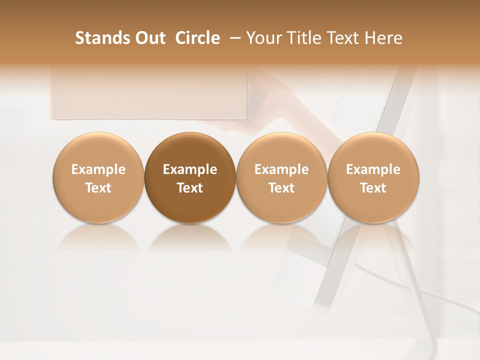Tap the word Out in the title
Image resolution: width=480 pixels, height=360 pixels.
tap(149, 38)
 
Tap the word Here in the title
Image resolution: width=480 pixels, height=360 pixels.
tap(384, 38)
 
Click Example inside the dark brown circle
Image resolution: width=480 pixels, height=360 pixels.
tap(190, 169)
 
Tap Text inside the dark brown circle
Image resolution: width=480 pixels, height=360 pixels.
tap(190, 188)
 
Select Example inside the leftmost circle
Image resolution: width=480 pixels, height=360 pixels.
tap(98, 169)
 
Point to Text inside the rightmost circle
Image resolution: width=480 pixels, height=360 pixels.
tap(373, 188)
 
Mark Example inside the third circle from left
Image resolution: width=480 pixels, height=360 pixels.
tap(281, 169)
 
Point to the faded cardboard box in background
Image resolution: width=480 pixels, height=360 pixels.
tap(150, 95)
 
